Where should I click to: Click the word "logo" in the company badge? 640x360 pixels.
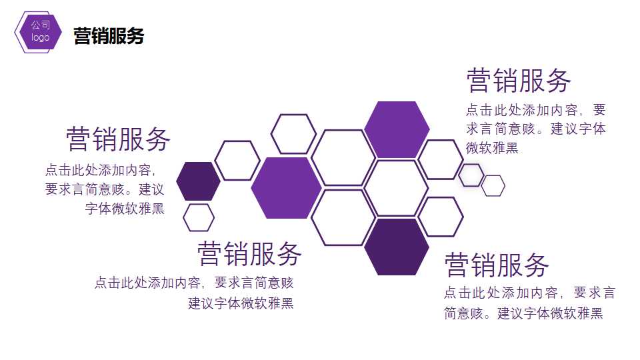click(41, 38)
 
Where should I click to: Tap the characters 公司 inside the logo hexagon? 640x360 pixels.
click(41, 25)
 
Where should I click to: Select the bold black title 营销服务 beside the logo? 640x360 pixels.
click(109, 36)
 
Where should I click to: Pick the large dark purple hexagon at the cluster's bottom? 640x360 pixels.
click(397, 247)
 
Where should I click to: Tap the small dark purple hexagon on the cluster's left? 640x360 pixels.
click(198, 181)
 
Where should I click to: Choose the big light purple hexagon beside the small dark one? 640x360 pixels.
click(286, 188)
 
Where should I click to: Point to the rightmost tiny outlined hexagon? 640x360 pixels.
click(493, 185)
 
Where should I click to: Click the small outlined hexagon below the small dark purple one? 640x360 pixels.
click(199, 217)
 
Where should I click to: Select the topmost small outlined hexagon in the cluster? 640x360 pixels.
click(293, 134)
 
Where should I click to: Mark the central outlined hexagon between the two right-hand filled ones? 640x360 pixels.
click(396, 188)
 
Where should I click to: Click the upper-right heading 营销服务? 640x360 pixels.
click(519, 81)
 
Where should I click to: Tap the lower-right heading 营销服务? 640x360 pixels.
click(497, 265)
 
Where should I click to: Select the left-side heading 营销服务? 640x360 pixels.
click(119, 139)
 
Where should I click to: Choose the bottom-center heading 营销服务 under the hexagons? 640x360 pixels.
click(250, 254)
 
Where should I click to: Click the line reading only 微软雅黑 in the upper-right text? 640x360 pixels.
click(492, 148)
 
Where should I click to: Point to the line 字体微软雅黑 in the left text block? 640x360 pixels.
click(125, 209)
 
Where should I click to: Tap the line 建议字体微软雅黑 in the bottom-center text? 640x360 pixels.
click(241, 303)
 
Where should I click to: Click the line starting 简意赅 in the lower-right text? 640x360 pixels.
click(523, 313)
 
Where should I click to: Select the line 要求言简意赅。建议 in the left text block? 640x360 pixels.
click(105, 189)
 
